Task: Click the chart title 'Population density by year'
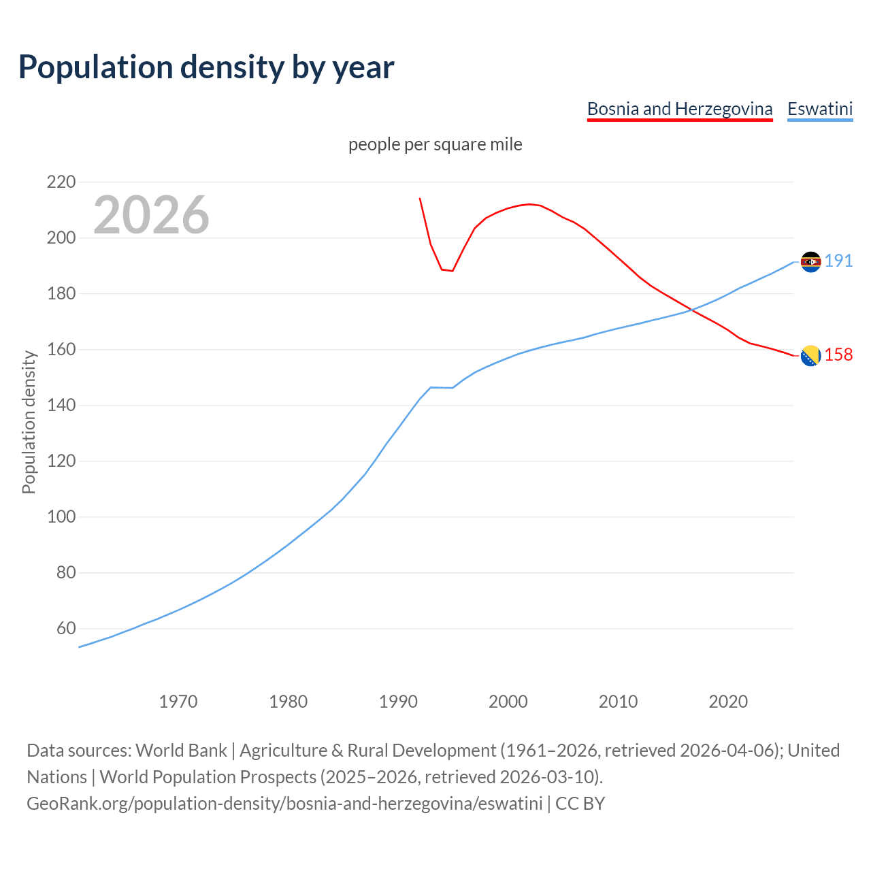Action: coord(206,67)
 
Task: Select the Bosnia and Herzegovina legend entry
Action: coord(679,109)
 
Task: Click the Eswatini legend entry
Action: coord(819,109)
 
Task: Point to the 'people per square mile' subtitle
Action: coord(435,145)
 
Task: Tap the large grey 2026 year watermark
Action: coord(151,215)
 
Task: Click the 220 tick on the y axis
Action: coord(61,182)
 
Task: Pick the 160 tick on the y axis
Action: coord(61,349)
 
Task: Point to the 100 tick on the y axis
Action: coord(61,516)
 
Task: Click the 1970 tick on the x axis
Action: coord(178,702)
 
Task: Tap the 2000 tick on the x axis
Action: coord(508,702)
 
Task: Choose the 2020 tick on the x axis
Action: coord(728,702)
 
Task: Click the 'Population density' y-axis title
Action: coord(29,422)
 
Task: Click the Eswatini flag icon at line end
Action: coord(810,261)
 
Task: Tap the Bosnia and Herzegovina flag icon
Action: coord(810,355)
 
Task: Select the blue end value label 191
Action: coord(838,261)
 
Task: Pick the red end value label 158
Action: coord(838,355)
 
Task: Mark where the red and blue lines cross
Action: coord(691,310)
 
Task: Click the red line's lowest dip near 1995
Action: coord(452,271)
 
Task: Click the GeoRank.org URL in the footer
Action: coord(286,804)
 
